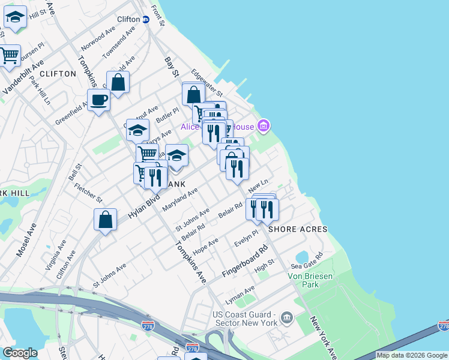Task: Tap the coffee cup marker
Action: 98,99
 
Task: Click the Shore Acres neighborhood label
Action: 298,229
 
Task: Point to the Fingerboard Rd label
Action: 244,262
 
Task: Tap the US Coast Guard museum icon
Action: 287,317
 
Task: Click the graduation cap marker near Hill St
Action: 15,19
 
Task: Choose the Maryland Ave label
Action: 179,200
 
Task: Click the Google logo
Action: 19,353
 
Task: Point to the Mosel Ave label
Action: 27,240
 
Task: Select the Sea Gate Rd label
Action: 306,260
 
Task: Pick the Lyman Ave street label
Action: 240,293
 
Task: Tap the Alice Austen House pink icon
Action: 263,126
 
